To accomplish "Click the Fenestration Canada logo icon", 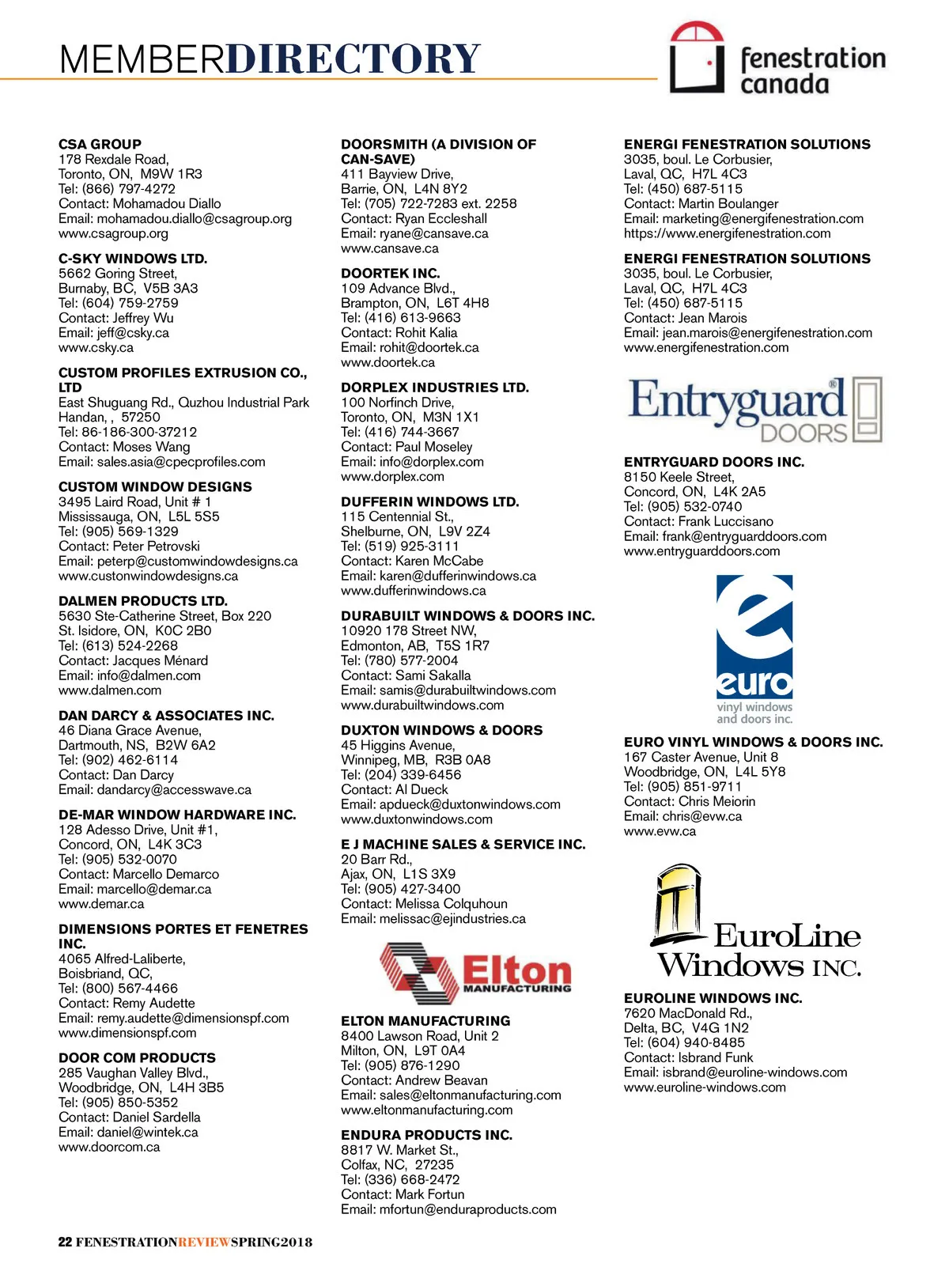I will (697, 58).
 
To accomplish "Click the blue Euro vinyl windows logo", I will (754, 649).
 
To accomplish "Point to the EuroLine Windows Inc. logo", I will (758, 922).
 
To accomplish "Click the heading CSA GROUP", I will (100, 144).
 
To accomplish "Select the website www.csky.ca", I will (96, 347).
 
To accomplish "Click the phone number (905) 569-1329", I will (130, 531).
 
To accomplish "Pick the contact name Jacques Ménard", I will (161, 660).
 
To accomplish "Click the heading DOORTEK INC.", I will (390, 274).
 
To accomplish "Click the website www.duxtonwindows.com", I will (417, 819).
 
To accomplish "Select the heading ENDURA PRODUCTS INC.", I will (426, 1135).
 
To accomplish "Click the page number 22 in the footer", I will (65, 1242).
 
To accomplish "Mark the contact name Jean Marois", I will (713, 318).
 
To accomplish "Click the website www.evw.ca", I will (660, 831).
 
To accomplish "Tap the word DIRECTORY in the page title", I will (353, 59).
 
